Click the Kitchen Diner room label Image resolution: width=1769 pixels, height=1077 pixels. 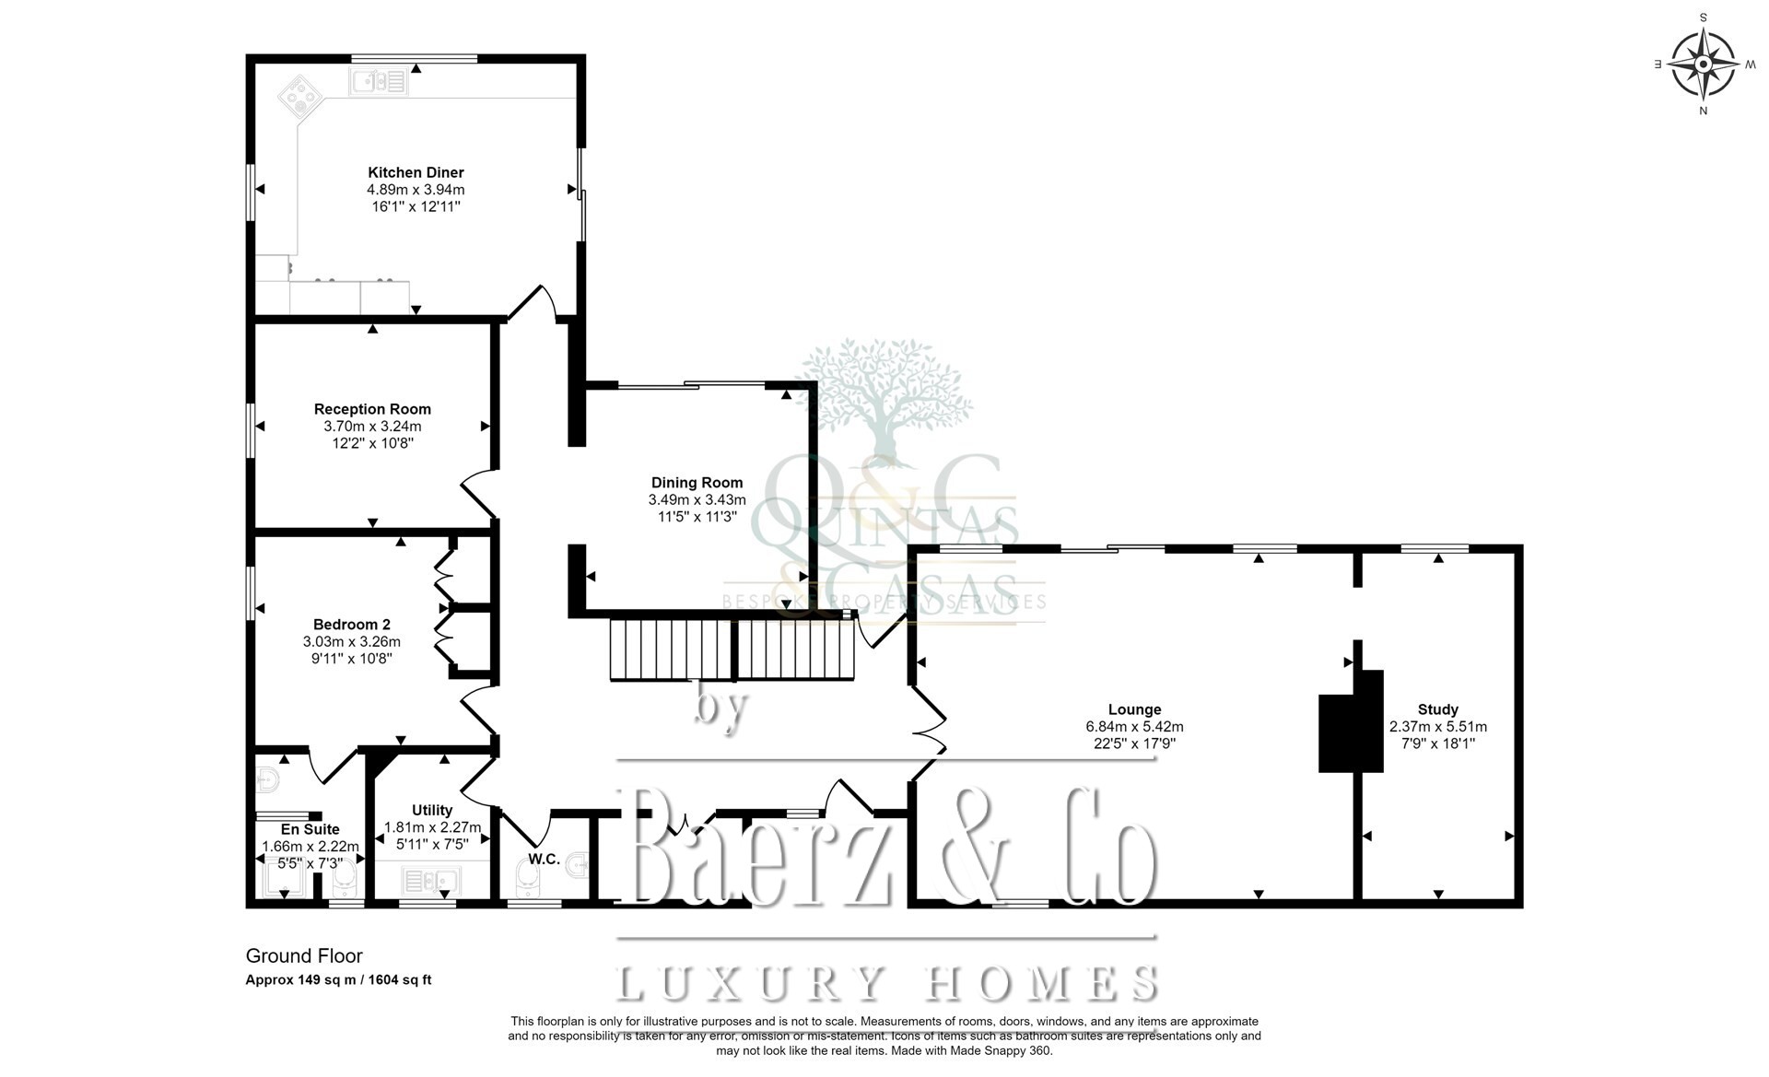[x=416, y=172]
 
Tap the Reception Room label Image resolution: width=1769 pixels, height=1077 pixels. [x=372, y=409]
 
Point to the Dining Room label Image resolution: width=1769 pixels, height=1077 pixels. [x=697, y=483]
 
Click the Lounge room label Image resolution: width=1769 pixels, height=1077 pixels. [x=1134, y=709]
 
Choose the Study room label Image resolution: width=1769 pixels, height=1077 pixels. [x=1437, y=709]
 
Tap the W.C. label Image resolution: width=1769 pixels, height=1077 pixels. [x=544, y=860]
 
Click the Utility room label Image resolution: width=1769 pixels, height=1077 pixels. [x=432, y=810]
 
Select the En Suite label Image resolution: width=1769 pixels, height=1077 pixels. [x=310, y=829]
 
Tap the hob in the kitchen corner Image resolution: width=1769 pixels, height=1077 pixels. [x=301, y=95]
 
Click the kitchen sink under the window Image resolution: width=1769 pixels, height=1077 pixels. [x=378, y=82]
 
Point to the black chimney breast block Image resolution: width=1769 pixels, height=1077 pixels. [x=1352, y=720]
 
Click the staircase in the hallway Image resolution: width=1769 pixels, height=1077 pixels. [x=733, y=650]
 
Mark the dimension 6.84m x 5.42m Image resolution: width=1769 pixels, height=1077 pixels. [x=1134, y=727]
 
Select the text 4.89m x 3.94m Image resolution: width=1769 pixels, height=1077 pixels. [x=416, y=190]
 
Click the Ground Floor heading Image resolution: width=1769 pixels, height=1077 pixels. [x=304, y=956]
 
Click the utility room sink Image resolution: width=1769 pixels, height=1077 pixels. [x=431, y=882]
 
